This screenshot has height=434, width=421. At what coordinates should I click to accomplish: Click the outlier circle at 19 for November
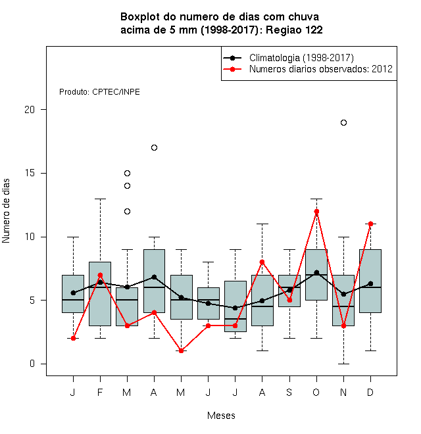(x=343, y=122)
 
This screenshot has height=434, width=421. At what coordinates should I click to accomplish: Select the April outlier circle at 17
(x=155, y=147)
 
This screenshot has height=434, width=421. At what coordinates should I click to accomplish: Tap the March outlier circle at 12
(x=127, y=212)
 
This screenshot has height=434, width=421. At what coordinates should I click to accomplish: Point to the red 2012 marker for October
(x=316, y=212)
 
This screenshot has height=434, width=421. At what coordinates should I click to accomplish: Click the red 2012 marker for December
(x=370, y=224)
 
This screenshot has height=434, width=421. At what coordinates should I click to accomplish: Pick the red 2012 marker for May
(x=181, y=350)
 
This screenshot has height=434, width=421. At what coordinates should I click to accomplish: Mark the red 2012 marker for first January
(x=73, y=338)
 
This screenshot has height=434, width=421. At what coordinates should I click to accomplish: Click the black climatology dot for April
(x=155, y=277)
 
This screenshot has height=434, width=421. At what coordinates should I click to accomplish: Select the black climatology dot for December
(x=370, y=283)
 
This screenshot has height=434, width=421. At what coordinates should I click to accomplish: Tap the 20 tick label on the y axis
(x=30, y=110)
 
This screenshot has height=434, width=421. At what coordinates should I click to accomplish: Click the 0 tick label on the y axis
(x=32, y=364)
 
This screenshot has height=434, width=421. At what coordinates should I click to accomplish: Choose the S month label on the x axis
(x=289, y=392)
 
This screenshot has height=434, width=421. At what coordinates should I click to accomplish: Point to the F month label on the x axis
(x=100, y=392)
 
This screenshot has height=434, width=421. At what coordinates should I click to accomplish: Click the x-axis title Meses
(x=221, y=416)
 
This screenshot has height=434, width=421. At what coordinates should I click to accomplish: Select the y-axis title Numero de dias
(x=6, y=211)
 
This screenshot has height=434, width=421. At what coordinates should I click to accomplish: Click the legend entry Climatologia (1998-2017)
(x=301, y=58)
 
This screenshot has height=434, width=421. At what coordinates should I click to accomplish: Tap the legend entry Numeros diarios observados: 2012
(x=321, y=69)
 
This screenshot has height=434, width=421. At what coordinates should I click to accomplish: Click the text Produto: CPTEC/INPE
(x=99, y=92)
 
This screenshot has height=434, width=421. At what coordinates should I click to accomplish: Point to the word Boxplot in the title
(x=140, y=17)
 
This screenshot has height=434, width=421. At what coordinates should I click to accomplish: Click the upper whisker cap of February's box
(x=100, y=199)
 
